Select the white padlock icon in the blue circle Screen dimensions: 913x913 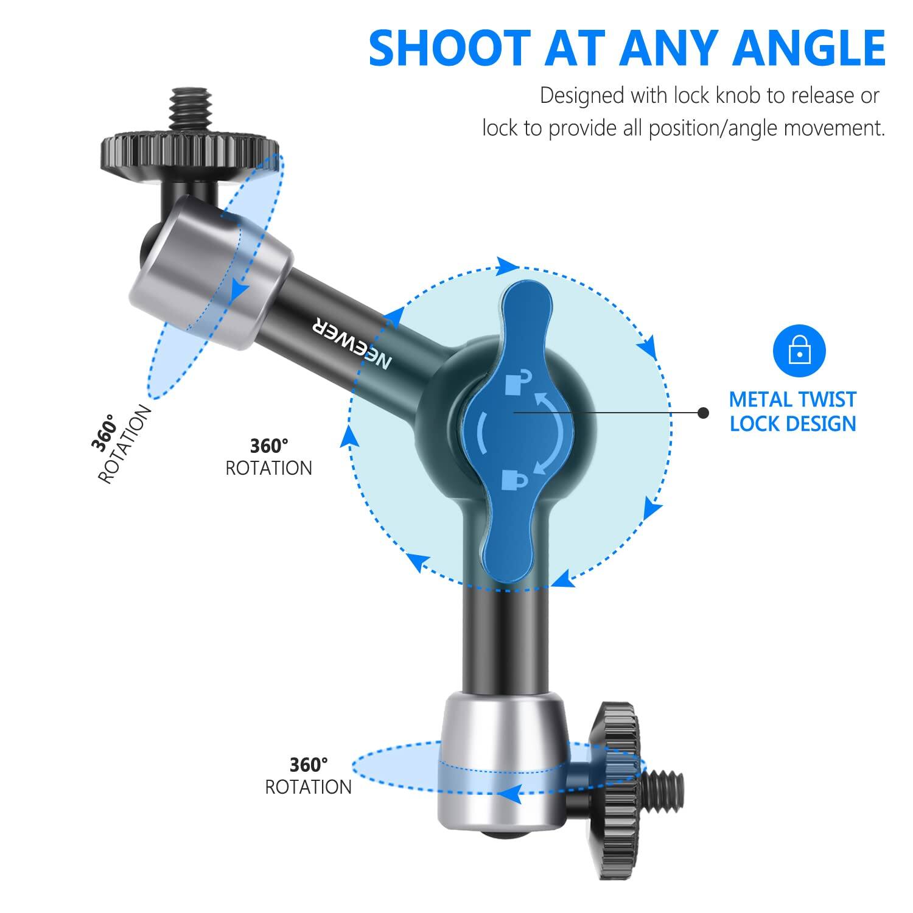(799, 351)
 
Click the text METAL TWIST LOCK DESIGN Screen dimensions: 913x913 (792, 411)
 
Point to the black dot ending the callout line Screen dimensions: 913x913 (704, 413)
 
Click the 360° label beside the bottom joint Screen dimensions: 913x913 (309, 764)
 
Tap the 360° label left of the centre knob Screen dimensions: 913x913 (268, 446)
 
